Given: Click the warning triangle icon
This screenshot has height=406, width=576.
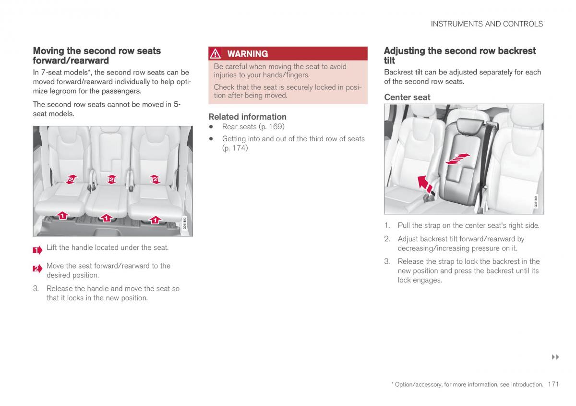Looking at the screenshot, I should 216,54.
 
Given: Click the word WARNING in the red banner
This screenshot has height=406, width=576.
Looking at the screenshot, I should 248,54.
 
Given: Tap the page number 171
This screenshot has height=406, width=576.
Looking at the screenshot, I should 553,384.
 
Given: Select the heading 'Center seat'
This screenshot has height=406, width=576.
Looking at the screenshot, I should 407,97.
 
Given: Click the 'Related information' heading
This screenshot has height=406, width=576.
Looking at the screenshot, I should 247,117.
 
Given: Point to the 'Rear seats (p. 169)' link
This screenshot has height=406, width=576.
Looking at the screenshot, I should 253,127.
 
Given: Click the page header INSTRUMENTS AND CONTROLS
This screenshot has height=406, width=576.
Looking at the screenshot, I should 487,24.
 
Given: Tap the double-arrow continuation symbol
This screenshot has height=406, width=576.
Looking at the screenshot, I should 556,357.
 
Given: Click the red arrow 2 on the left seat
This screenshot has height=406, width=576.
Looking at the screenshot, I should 71,179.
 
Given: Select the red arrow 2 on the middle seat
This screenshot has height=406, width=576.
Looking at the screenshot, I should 111,179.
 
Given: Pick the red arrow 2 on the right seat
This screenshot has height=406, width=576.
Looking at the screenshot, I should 155,179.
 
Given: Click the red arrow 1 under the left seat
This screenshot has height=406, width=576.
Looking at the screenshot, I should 62,216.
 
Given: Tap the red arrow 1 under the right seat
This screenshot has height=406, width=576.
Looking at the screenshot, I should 155,220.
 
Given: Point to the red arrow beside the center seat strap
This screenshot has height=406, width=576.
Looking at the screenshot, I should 424,184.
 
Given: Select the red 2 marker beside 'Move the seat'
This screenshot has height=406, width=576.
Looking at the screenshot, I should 37,269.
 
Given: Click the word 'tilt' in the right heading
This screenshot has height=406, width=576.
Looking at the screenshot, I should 389,61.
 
